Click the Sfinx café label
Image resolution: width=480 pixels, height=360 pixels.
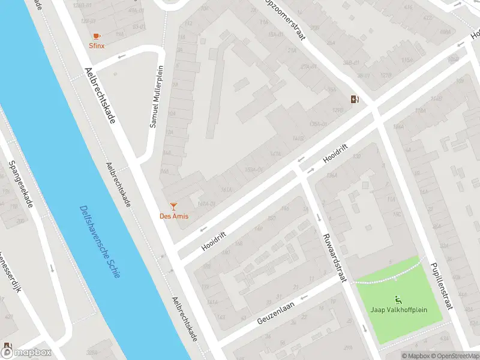click(x=97, y=45)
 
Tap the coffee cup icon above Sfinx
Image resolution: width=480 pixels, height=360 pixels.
click(x=97, y=36)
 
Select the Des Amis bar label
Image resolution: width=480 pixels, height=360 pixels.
click(x=173, y=216)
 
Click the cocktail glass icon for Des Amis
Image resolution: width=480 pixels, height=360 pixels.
click(x=173, y=206)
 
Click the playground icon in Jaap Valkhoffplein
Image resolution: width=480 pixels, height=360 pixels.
click(x=397, y=299)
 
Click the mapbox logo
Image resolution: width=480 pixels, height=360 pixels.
click(x=26, y=353)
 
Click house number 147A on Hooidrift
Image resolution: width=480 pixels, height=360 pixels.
click(x=276, y=154)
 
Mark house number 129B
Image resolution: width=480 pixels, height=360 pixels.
click(x=338, y=110)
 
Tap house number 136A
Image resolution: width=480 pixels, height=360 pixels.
click(x=331, y=176)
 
